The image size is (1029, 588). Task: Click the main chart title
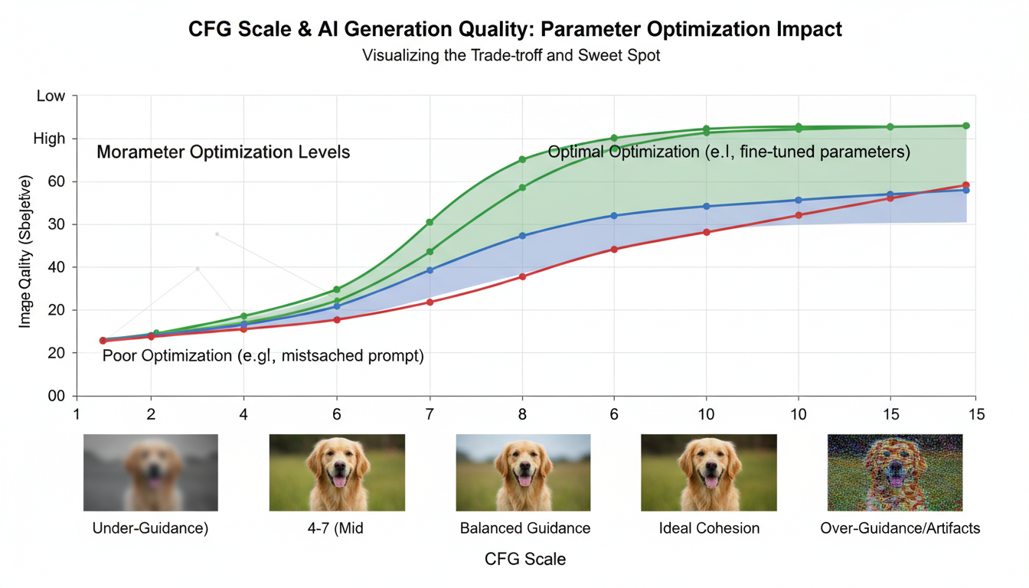[x=514, y=30]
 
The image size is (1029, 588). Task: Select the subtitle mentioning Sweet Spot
[x=511, y=56]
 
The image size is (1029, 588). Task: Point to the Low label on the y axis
[x=51, y=96]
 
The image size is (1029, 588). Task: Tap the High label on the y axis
[x=49, y=139]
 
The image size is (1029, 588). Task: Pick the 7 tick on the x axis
[x=430, y=414]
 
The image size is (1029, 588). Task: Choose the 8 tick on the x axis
[x=522, y=414]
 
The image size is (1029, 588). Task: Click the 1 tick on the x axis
[x=77, y=414]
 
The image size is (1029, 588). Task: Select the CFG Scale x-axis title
[x=525, y=559]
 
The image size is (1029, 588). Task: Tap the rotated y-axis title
[x=25, y=252]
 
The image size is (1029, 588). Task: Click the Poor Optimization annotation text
[x=263, y=356]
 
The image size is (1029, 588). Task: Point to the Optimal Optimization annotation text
[x=729, y=152]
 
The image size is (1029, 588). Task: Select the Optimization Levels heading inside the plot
[x=223, y=152]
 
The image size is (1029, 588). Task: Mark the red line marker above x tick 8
[x=522, y=276]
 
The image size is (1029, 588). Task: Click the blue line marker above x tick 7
[x=430, y=270]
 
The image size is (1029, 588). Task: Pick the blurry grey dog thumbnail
[x=151, y=472]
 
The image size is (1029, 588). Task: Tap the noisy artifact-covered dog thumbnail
[x=895, y=472]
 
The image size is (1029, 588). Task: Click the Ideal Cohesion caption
[x=709, y=528]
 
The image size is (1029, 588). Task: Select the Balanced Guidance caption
[x=525, y=528]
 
